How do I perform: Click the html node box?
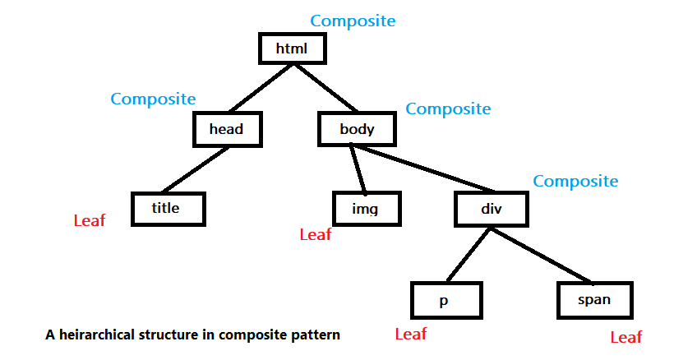[x=292, y=48]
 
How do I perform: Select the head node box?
[x=226, y=129]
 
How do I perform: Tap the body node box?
[x=357, y=129]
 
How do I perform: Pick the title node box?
[x=167, y=209]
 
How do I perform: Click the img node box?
[x=365, y=209]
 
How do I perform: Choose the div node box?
[x=491, y=209]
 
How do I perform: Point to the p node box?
[x=444, y=300]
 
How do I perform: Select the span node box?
[x=594, y=300]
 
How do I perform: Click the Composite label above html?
[x=353, y=21]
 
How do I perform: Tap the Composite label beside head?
[x=153, y=99]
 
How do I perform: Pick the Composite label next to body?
[x=448, y=108]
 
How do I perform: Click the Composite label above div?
[x=575, y=181]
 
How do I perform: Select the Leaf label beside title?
[x=90, y=220]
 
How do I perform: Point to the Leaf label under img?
[x=315, y=235]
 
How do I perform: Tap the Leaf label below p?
[x=411, y=335]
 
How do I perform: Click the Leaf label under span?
[x=626, y=337]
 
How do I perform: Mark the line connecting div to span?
[x=542, y=255]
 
